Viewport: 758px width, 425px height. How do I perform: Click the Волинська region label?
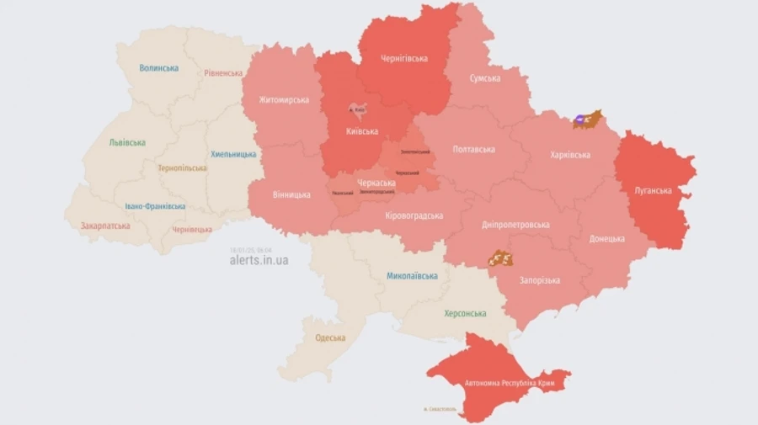point(159,68)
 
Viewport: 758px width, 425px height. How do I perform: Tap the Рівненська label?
point(223,73)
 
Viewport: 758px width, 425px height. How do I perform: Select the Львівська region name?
point(127,142)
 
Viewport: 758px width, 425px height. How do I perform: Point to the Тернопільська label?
point(182,168)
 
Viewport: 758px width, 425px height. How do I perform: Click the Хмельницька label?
point(233,154)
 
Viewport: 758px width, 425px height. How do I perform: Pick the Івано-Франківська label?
point(155,206)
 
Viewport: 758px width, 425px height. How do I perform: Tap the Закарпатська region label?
point(105,226)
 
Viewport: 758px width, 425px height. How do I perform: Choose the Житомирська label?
point(278,100)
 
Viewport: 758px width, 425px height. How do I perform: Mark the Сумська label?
point(485,78)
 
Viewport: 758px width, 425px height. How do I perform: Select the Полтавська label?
point(474,149)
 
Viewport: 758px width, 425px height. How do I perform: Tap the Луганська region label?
point(654,190)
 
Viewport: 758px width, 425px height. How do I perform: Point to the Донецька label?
point(607,239)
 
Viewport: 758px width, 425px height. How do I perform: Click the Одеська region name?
point(330,338)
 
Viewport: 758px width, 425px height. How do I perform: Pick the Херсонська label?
point(465,314)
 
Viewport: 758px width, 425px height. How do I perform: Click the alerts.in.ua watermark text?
point(259,261)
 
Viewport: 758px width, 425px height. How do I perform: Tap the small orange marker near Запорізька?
point(502,258)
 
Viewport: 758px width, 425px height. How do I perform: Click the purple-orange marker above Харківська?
point(587,120)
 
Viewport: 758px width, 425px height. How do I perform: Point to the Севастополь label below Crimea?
point(439,410)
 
